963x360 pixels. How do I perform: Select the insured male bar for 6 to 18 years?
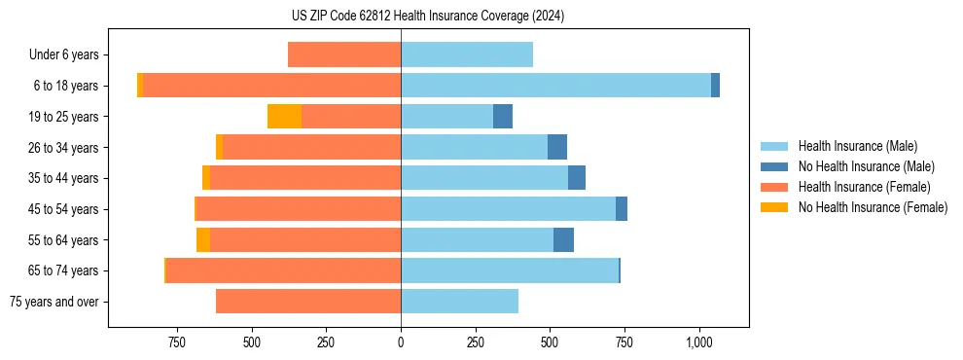(555, 86)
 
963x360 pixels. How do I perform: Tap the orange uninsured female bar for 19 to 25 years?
(284, 117)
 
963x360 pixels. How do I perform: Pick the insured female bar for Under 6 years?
(344, 54)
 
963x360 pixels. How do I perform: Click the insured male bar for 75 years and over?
(459, 302)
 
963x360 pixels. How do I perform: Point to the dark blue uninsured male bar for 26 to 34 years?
(557, 147)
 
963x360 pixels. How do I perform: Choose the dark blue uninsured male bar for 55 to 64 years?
(563, 239)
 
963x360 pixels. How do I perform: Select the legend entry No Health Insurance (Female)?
(873, 207)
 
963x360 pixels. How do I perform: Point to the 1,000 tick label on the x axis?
(699, 342)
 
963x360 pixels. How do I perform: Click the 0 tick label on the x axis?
(401, 342)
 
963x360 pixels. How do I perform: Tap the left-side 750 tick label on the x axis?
(176, 342)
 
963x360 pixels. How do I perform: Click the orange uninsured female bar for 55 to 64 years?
(202, 239)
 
